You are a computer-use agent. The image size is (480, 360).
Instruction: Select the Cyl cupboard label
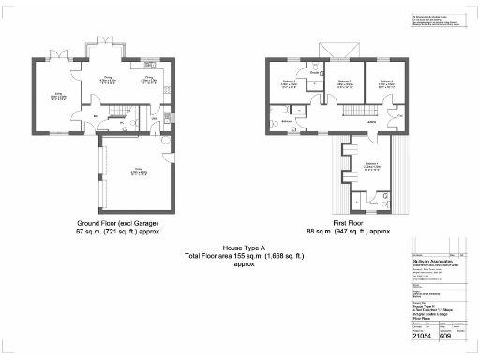pyautogui.click(x=399, y=115)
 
